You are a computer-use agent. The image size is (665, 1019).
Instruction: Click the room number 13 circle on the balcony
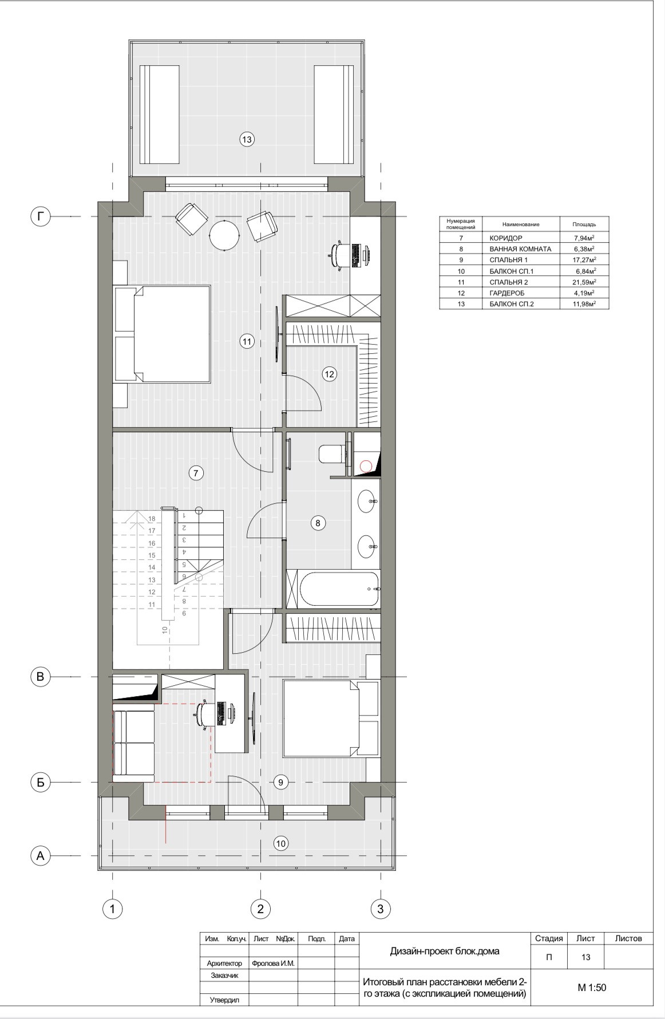point(247,139)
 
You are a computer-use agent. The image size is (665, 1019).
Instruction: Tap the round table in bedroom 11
point(224,235)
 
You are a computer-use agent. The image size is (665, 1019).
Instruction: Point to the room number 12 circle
point(329,374)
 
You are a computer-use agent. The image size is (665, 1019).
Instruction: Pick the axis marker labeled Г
point(40,216)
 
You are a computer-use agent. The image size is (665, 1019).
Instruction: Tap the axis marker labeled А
point(40,856)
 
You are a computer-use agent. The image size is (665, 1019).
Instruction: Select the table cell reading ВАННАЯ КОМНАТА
point(521,249)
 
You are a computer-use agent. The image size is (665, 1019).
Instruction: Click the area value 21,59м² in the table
point(585,282)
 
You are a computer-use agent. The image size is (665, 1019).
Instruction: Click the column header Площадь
point(584,224)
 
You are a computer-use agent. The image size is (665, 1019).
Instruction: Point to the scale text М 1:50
point(592,987)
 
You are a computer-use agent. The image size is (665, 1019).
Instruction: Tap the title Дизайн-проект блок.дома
point(445,951)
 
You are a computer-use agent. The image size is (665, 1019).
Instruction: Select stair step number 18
point(152,519)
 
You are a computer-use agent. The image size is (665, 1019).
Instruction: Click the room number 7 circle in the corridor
point(196,473)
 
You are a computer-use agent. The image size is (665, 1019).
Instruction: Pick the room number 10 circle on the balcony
point(280,843)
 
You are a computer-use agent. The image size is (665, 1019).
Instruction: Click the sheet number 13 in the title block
point(585,957)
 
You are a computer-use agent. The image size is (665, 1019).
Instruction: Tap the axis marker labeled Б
point(40,783)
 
